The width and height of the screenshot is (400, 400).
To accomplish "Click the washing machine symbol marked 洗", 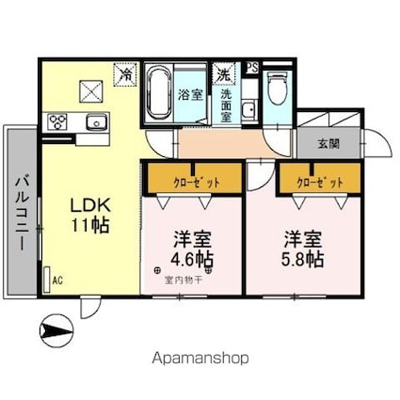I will tap(224, 72).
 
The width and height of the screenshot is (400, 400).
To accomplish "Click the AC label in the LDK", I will tap(57, 280).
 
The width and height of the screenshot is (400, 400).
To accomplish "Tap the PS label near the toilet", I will tap(252, 67).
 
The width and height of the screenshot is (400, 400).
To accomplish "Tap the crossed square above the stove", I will tap(91, 90).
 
